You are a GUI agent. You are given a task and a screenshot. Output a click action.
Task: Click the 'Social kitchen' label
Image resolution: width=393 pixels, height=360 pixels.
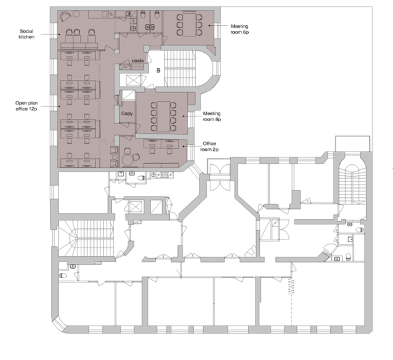[x=26, y=34]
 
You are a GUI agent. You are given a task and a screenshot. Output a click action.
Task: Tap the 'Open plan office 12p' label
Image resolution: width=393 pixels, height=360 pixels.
[x=26, y=106]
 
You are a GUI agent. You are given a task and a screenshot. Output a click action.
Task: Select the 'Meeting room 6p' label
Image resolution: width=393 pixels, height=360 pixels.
[x=240, y=29]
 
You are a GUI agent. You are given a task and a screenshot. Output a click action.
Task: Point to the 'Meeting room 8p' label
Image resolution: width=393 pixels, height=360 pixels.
[x=212, y=116]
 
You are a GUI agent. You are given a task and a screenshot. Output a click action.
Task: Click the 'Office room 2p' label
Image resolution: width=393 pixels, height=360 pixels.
[x=209, y=146]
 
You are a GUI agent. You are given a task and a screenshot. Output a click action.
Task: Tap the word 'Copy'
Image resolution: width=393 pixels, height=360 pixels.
[x=127, y=114]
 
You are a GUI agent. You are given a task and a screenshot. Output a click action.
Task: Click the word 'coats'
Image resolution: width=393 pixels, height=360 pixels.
[x=138, y=61]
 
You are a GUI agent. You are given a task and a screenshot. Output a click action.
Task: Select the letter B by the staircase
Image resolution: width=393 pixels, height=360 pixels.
[x=158, y=71]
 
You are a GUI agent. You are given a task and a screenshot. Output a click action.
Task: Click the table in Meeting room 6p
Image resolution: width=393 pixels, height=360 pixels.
[x=189, y=25]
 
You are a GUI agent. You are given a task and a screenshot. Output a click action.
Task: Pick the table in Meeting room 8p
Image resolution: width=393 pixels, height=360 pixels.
[x=163, y=117]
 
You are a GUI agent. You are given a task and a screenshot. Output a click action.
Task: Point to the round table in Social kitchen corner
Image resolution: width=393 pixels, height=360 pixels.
[x=76, y=14]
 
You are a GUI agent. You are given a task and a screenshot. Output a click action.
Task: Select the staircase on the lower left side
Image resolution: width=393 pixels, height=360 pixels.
[x=85, y=238]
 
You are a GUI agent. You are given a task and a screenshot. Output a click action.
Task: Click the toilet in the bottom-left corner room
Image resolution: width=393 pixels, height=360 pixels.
[x=63, y=276]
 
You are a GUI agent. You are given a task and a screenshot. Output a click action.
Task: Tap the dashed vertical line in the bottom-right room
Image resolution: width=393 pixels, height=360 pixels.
[x=291, y=301]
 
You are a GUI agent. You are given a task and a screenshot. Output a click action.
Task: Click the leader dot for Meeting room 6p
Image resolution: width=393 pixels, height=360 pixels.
[x=209, y=25]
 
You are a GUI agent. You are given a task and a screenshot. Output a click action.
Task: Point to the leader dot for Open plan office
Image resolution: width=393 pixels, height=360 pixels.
[x=59, y=106]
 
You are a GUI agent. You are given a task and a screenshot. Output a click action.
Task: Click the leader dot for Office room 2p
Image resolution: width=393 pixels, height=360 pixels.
[x=183, y=146]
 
